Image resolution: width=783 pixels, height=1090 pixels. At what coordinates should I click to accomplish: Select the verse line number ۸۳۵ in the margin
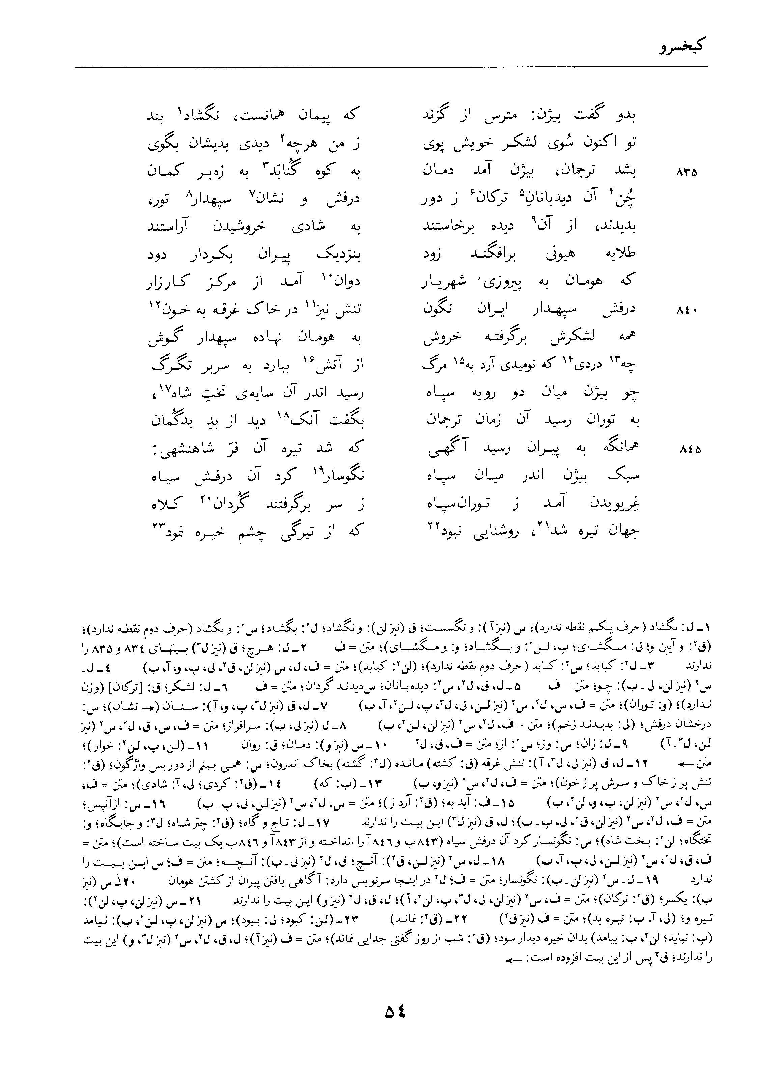[x=682, y=173]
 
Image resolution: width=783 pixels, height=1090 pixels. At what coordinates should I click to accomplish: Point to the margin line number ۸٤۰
[x=682, y=311]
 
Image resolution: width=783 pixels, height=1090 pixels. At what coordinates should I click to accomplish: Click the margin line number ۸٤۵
[x=682, y=450]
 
